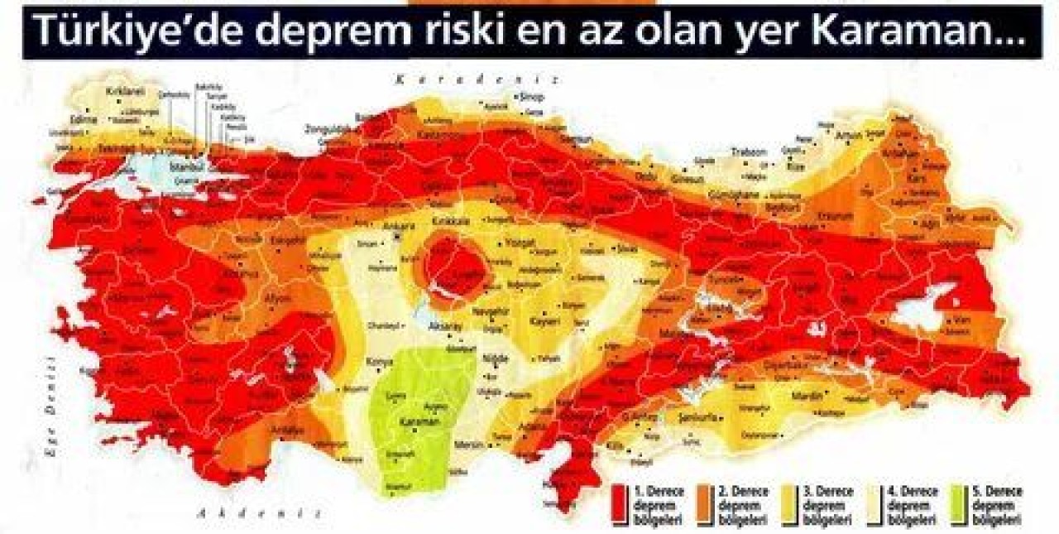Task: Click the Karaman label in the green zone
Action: pyautogui.click(x=416, y=421)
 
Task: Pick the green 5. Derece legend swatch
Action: pyautogui.click(x=965, y=506)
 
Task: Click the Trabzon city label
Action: pyautogui.click(x=750, y=152)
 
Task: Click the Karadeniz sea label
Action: pyautogui.click(x=477, y=80)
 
